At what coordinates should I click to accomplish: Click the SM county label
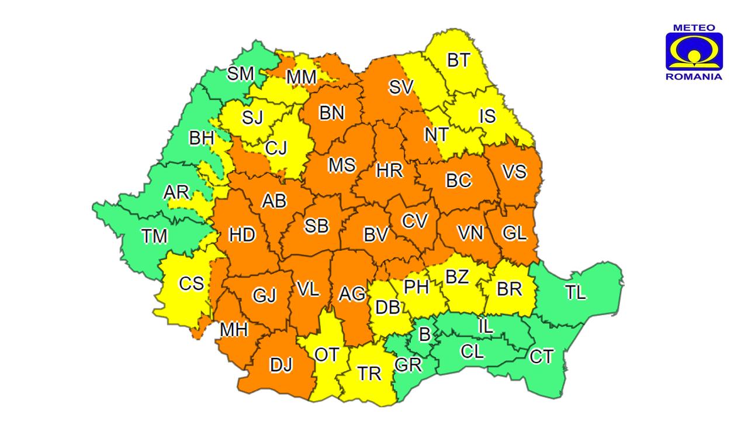(x=241, y=74)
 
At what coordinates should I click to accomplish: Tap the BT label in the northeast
(x=458, y=60)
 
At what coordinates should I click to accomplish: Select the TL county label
(x=575, y=293)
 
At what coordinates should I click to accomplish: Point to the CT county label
(x=541, y=356)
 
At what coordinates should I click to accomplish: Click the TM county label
(x=154, y=236)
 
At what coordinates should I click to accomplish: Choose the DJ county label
(x=281, y=364)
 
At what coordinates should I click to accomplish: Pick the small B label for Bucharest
(x=425, y=335)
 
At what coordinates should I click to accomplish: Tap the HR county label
(x=389, y=171)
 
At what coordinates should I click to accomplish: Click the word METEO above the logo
(x=694, y=27)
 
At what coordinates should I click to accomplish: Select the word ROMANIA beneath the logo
(x=694, y=77)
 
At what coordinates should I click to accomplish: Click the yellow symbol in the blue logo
(x=694, y=53)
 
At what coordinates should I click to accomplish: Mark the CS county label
(x=191, y=284)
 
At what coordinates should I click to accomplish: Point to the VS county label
(x=514, y=172)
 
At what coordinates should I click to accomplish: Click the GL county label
(x=514, y=233)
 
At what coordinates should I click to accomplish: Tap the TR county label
(x=369, y=374)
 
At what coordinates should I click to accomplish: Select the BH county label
(x=202, y=139)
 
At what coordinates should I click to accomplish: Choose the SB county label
(x=316, y=226)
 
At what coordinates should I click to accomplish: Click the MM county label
(x=301, y=77)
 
